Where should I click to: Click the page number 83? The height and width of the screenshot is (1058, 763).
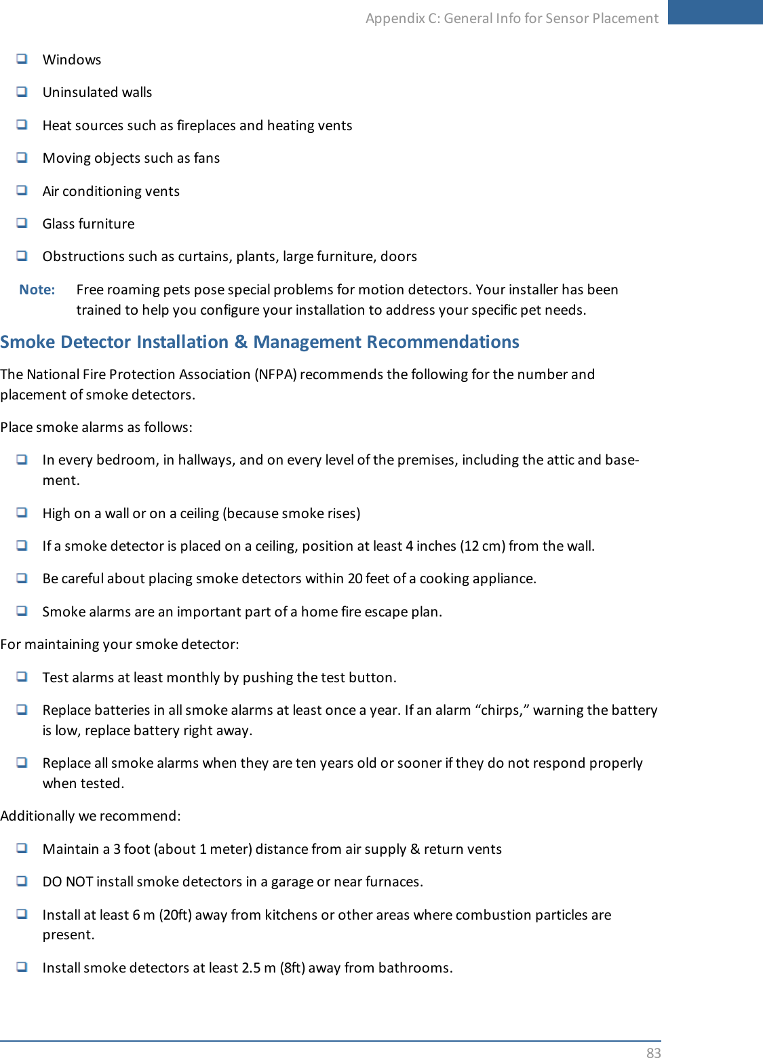653,1052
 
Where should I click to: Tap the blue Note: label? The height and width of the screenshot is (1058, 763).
37,290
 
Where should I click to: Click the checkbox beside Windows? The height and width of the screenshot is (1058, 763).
22,59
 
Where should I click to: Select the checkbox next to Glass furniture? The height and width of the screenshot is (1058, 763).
22,223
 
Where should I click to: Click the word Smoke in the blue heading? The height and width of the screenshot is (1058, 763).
28,342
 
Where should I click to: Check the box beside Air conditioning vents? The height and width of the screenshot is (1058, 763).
22,191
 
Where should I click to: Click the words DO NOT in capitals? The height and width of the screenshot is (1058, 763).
67,882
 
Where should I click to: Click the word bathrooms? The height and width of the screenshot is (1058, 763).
414,968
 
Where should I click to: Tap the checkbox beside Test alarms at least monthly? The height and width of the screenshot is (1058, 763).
22,677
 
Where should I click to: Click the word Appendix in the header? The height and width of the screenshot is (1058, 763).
395,18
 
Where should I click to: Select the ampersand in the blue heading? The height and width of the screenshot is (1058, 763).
241,342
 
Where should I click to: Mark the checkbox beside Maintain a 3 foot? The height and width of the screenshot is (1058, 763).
22,848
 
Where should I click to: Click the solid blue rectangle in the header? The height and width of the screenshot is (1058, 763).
715,12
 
